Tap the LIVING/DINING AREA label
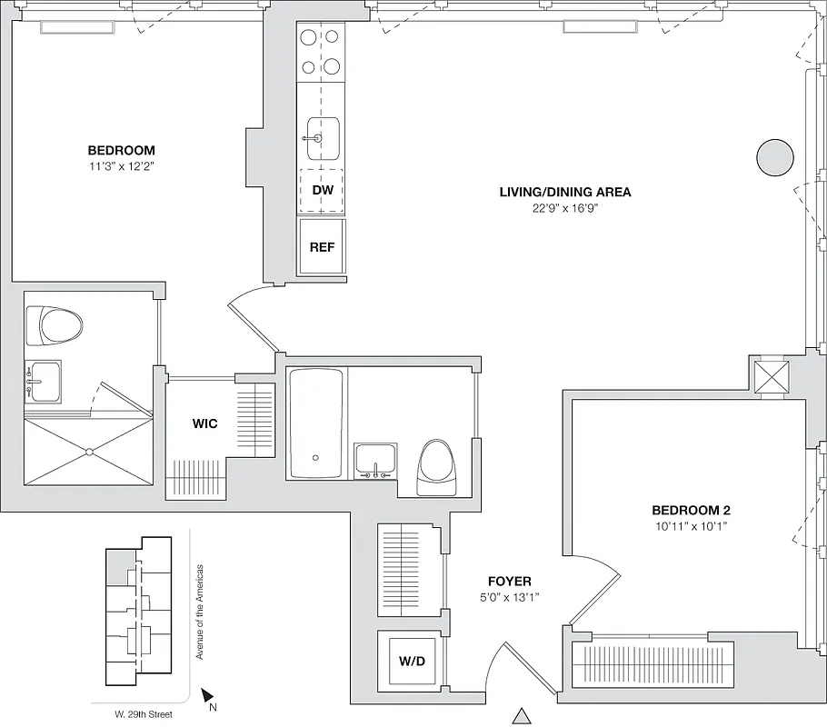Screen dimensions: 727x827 coord(564,192)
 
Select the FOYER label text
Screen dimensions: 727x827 coord(509,582)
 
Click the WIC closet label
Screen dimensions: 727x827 coord(204,423)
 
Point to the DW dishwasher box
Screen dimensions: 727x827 coord(322,191)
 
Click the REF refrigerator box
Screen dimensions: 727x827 coord(322,246)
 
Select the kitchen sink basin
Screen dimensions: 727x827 coord(322,138)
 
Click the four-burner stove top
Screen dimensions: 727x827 coord(322,53)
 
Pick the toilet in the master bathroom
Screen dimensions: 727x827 coord(54,325)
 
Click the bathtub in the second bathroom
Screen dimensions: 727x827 coord(315,423)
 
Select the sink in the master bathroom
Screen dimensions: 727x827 coord(44,383)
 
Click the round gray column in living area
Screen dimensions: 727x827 coord(775,158)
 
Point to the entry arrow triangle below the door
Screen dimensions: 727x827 coord(522,716)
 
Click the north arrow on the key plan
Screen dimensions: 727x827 coord(207,694)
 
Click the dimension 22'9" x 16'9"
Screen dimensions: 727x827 coord(564,208)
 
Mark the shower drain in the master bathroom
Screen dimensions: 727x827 coord(89,452)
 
